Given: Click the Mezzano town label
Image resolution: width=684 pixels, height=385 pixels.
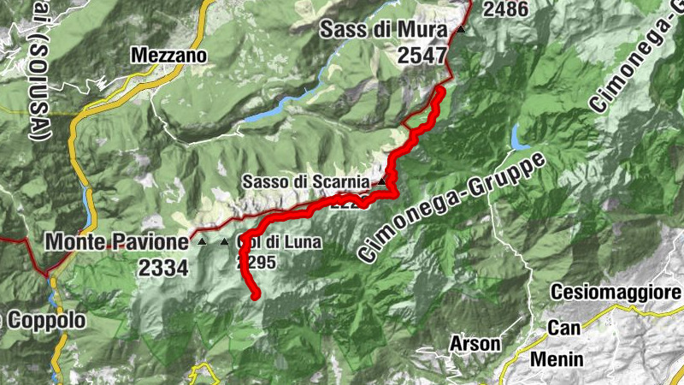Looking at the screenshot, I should click(169, 56).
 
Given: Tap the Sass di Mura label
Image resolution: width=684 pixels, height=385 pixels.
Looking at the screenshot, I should click(384, 31).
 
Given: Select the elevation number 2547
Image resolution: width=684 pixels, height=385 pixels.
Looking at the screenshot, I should click(422, 56).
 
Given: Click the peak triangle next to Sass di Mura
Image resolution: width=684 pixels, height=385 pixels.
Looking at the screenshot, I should click(462, 29).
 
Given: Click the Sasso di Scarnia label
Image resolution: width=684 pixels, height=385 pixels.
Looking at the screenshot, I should click(305, 182).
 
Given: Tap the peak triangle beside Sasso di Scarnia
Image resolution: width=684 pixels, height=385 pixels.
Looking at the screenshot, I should click(381, 182).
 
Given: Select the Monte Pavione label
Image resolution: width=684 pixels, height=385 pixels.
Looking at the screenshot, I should click(116, 242).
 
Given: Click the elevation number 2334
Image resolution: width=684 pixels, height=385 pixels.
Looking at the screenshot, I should click(162, 267).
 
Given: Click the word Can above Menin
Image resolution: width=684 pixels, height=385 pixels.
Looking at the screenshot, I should click(564, 328).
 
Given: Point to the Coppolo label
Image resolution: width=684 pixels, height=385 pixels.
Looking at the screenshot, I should click(47, 321).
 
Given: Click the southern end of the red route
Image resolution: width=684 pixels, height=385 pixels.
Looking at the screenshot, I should click(256, 296).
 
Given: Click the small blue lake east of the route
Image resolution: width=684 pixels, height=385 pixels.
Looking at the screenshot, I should click(516, 136).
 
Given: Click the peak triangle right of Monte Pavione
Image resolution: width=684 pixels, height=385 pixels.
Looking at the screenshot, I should click(203, 243).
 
